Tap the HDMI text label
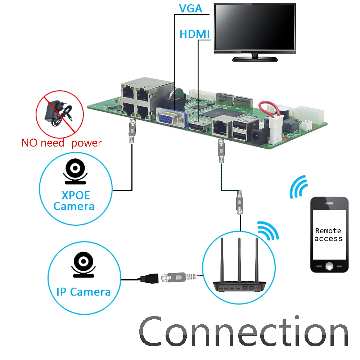click(x=194, y=34)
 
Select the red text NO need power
click(x=61, y=143)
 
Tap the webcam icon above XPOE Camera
click(x=75, y=172)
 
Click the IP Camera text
click(x=84, y=291)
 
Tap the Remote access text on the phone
click(x=328, y=235)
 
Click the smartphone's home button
click(x=329, y=266)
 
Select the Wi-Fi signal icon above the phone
click(x=298, y=187)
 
